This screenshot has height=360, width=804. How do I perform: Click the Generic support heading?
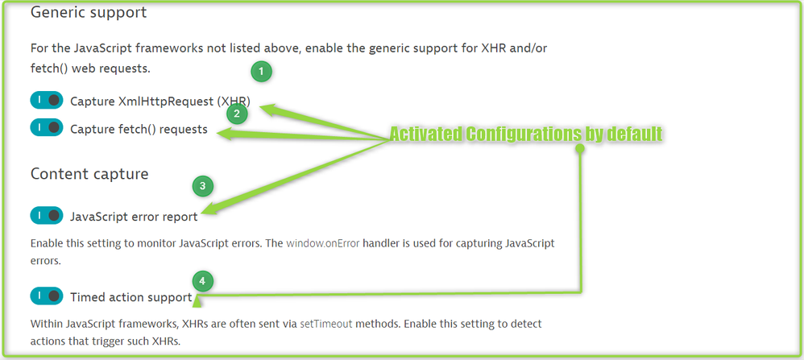click(89, 13)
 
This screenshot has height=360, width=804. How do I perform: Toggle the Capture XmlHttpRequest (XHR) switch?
click(46, 101)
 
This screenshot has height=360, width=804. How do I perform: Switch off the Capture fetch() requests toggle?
click(46, 128)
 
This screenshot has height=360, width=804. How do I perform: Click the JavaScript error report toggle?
click(46, 215)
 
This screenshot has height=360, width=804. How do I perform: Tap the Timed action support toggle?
click(46, 296)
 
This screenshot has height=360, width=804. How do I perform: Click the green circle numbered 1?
click(261, 72)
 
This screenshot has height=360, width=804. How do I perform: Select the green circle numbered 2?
click(236, 114)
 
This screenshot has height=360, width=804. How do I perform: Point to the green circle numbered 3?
click(203, 186)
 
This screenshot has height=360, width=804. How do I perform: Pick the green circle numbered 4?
click(203, 281)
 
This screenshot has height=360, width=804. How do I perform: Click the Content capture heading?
click(89, 173)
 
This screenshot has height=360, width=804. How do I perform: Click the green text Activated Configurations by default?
click(525, 134)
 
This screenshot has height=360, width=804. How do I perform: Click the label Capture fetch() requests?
click(139, 129)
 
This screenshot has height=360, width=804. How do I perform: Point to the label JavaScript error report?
click(134, 216)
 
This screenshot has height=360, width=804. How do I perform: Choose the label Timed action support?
click(131, 297)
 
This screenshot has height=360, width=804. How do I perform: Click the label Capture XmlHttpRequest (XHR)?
click(160, 101)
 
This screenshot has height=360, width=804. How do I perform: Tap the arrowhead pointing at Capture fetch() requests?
click(227, 135)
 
